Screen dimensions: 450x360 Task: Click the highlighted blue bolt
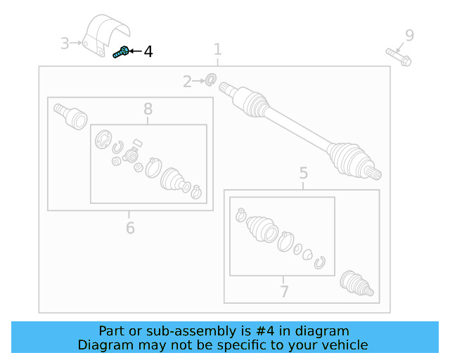coord(120,52)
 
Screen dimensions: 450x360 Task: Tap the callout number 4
coord(148,51)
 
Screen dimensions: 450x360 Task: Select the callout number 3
coord(65,44)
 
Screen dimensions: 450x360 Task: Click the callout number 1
coord(218,49)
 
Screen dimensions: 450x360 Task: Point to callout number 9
coord(409,35)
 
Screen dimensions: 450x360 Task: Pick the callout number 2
coord(187,82)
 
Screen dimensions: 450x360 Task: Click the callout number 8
coord(148,109)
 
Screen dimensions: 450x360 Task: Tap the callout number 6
coord(130,228)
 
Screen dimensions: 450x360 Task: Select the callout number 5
coord(303,173)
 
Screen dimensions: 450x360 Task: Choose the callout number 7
coord(284,291)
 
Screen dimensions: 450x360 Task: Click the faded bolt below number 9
coord(399,57)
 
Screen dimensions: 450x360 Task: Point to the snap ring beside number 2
coord(211,79)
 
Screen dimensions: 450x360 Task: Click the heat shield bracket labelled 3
coord(105,35)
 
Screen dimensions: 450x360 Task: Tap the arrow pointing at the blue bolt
coord(135,51)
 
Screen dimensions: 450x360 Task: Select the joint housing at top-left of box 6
coord(70,116)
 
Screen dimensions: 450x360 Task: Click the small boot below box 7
coord(356,283)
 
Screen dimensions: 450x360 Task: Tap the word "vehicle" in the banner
coord(348,345)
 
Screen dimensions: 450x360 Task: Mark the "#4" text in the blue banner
coord(265,331)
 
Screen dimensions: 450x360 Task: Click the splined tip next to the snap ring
coord(228,88)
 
